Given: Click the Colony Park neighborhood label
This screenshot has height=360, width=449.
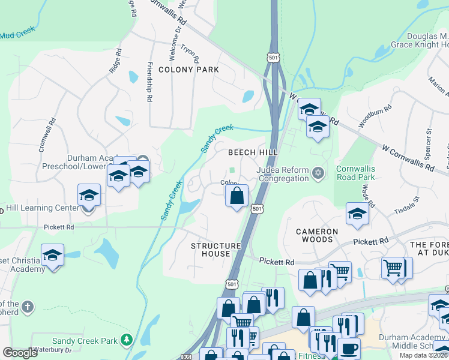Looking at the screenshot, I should click(188, 70).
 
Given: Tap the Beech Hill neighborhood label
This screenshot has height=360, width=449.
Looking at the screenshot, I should click(252, 152).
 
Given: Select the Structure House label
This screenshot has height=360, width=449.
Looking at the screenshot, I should click(215, 250).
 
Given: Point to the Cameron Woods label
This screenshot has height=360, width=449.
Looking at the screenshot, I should click(317, 235).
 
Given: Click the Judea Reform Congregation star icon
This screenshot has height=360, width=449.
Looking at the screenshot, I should click(318, 174).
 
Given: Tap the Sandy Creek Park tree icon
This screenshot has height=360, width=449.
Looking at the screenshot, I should click(127, 340).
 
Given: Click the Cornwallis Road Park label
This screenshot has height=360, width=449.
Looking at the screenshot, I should click(355, 173).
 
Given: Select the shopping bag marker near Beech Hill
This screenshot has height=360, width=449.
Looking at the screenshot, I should click(237, 196).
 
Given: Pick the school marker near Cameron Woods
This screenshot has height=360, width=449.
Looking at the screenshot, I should click(357, 214).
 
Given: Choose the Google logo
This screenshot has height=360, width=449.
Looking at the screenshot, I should click(20, 353).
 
